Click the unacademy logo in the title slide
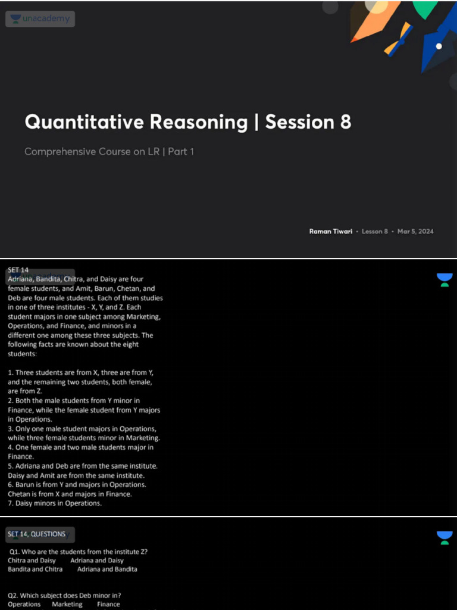click(x=40, y=19)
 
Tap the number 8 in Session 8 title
click(x=345, y=122)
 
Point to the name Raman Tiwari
click(x=331, y=231)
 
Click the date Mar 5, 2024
click(x=415, y=231)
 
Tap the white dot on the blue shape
click(x=439, y=46)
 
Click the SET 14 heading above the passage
click(x=18, y=270)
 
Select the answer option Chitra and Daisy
click(x=32, y=561)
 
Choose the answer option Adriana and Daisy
click(x=97, y=561)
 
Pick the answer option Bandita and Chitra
click(x=35, y=569)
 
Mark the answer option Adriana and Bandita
click(x=107, y=569)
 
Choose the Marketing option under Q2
click(x=67, y=604)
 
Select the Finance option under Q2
click(x=108, y=604)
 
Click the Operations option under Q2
click(x=24, y=604)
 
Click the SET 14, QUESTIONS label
click(x=36, y=534)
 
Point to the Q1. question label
click(x=14, y=552)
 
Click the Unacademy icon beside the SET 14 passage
click(x=444, y=279)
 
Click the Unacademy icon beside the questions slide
click(x=444, y=538)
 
